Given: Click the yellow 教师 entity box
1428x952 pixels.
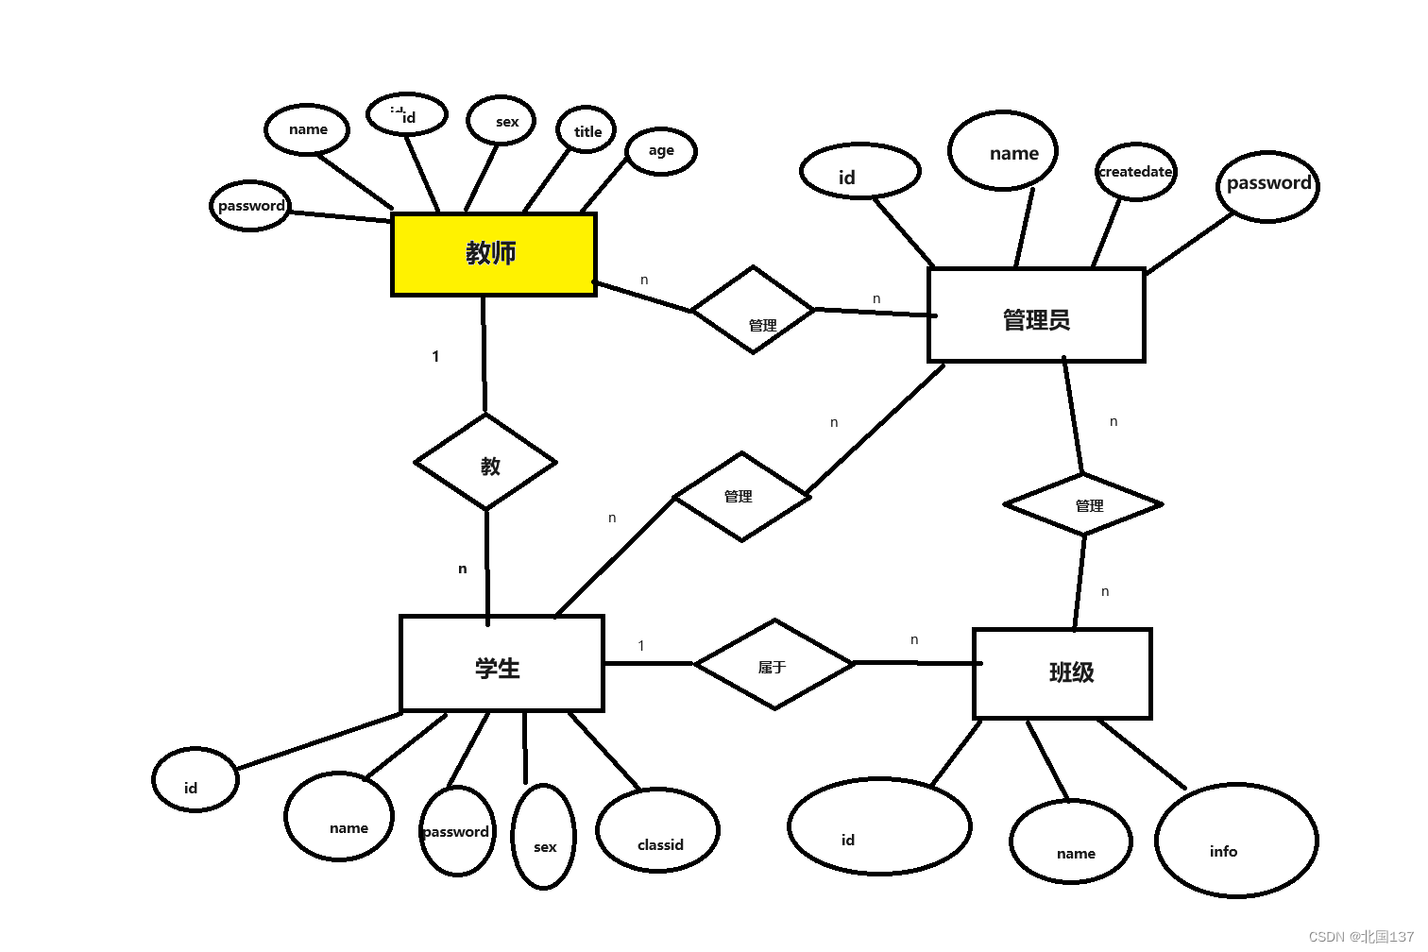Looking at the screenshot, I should (493, 254).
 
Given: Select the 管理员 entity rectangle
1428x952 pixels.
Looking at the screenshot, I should (1036, 315).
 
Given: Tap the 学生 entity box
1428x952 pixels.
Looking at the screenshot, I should (501, 664).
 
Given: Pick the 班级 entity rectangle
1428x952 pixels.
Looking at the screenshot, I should (1062, 673).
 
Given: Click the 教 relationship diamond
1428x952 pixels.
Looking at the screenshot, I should (486, 463).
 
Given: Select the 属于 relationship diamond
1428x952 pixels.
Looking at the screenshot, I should (774, 665).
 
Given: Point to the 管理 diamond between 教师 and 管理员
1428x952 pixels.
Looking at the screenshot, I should (753, 310).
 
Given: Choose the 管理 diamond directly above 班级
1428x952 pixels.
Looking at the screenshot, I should (1083, 504).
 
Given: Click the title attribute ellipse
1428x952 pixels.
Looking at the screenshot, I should (586, 130).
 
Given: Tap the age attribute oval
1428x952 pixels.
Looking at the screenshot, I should (661, 151).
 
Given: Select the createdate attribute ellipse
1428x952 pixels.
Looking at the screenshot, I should (1135, 172).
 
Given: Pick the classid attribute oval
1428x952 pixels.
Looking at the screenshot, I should (658, 831).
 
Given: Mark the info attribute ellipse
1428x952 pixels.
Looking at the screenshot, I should (1235, 841).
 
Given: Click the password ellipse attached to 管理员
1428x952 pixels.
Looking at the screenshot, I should (1267, 186).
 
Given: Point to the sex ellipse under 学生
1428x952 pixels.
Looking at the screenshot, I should (543, 837).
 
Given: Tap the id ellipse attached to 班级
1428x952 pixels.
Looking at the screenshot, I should (879, 826).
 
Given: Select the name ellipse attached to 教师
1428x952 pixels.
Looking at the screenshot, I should (307, 129).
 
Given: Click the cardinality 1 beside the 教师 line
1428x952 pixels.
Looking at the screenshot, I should (435, 357).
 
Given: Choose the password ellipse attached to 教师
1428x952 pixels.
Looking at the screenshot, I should (250, 206).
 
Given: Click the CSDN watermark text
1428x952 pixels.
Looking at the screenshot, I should (1361, 937).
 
